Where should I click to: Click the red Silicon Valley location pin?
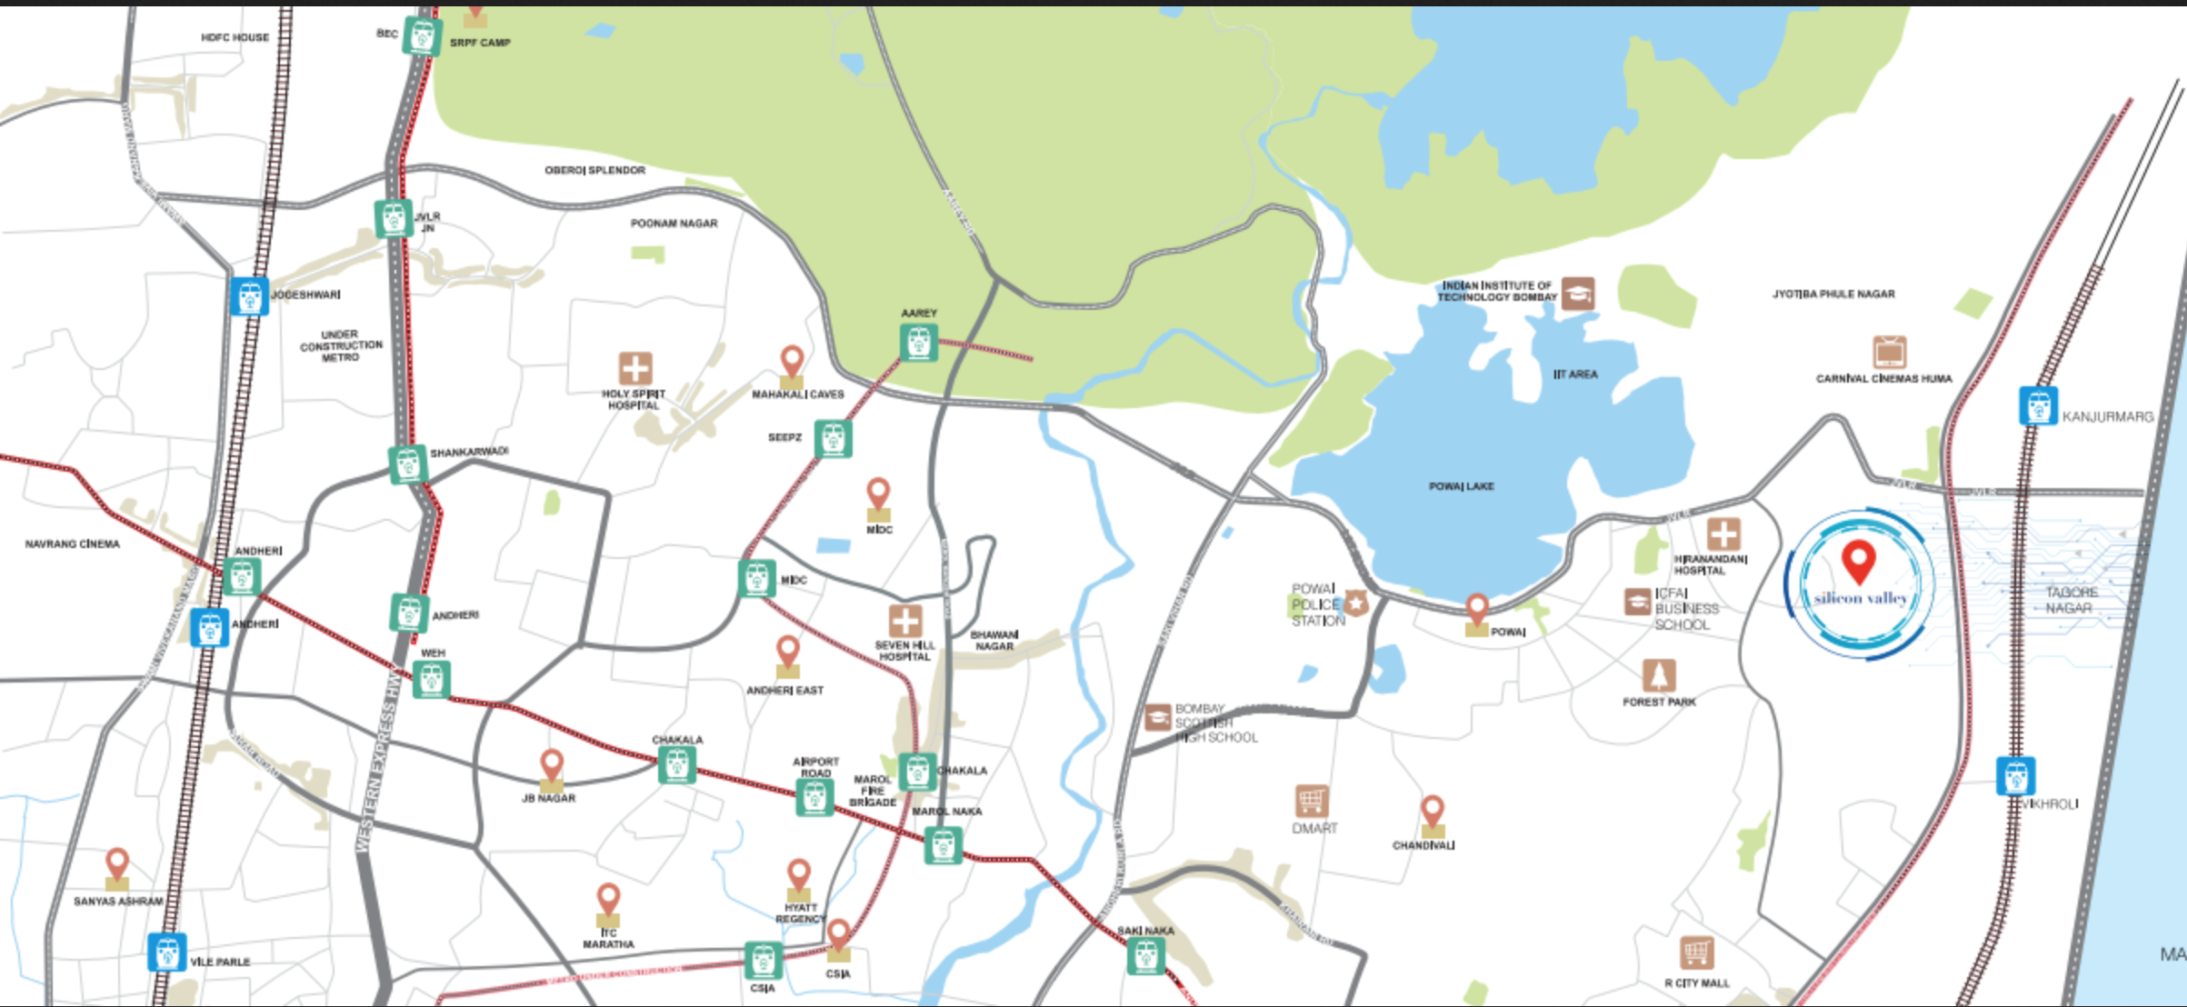coord(1859,561)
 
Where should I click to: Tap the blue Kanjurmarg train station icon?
coord(2038,405)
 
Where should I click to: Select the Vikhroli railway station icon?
coord(2015,776)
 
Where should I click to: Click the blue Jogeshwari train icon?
coord(249,296)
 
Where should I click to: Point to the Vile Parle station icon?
coord(167,952)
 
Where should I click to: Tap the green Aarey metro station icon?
coord(918,343)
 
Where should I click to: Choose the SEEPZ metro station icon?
coord(833,439)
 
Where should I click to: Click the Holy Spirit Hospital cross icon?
coord(635,369)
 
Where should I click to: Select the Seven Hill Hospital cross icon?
coord(904,622)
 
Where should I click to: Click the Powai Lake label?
coord(1461,486)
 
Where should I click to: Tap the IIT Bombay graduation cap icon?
coord(1578,294)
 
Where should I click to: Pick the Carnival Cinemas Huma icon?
coord(1889,352)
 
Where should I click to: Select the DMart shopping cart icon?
coord(1312,802)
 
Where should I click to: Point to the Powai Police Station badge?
coord(1356,603)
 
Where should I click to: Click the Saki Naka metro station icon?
coord(1145,956)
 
